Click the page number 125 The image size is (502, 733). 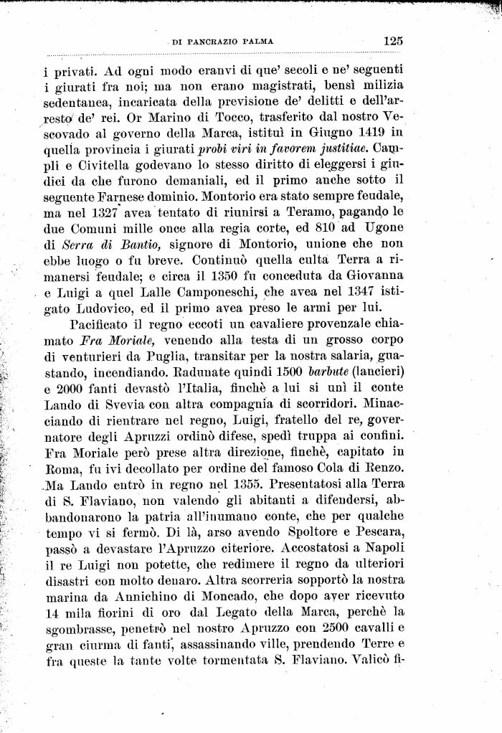click(x=393, y=41)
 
